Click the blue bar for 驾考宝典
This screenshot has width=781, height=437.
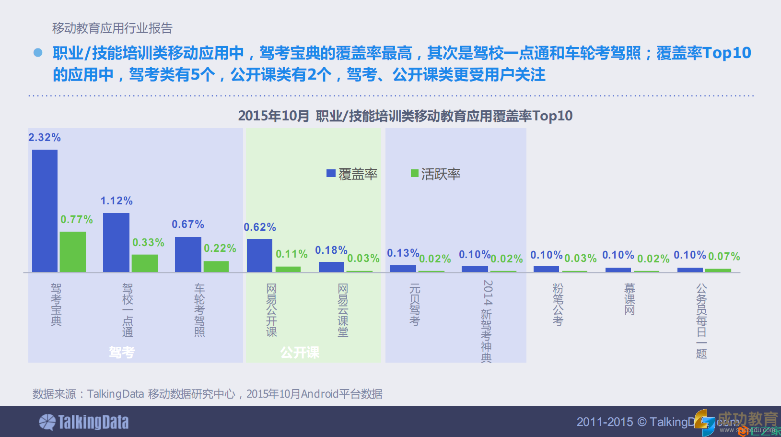tap(45, 211)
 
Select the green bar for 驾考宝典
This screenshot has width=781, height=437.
tap(73, 252)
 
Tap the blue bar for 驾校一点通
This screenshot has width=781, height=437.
tap(116, 242)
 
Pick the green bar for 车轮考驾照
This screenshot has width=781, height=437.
tap(216, 266)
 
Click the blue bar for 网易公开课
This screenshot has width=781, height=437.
tap(259, 255)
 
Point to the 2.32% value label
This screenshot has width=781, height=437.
tap(45, 138)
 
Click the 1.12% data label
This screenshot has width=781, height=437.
tap(117, 201)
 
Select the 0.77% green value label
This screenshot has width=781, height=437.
tap(77, 220)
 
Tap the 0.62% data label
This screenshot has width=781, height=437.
tap(260, 227)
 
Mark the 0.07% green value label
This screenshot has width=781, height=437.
tap(724, 257)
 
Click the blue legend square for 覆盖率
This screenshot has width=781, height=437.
tap(331, 173)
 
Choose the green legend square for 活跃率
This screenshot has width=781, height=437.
tap(415, 173)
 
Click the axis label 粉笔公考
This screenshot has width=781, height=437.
tap(558, 305)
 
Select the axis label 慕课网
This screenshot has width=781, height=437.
tap(629, 299)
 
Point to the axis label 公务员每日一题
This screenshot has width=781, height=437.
tap(701, 321)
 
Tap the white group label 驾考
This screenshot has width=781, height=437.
tap(122, 353)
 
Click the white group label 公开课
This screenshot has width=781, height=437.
tap(300, 353)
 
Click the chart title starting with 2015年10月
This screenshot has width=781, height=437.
tap(405, 116)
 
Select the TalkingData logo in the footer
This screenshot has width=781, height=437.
tap(84, 422)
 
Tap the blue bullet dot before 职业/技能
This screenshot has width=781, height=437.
tap(38, 53)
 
